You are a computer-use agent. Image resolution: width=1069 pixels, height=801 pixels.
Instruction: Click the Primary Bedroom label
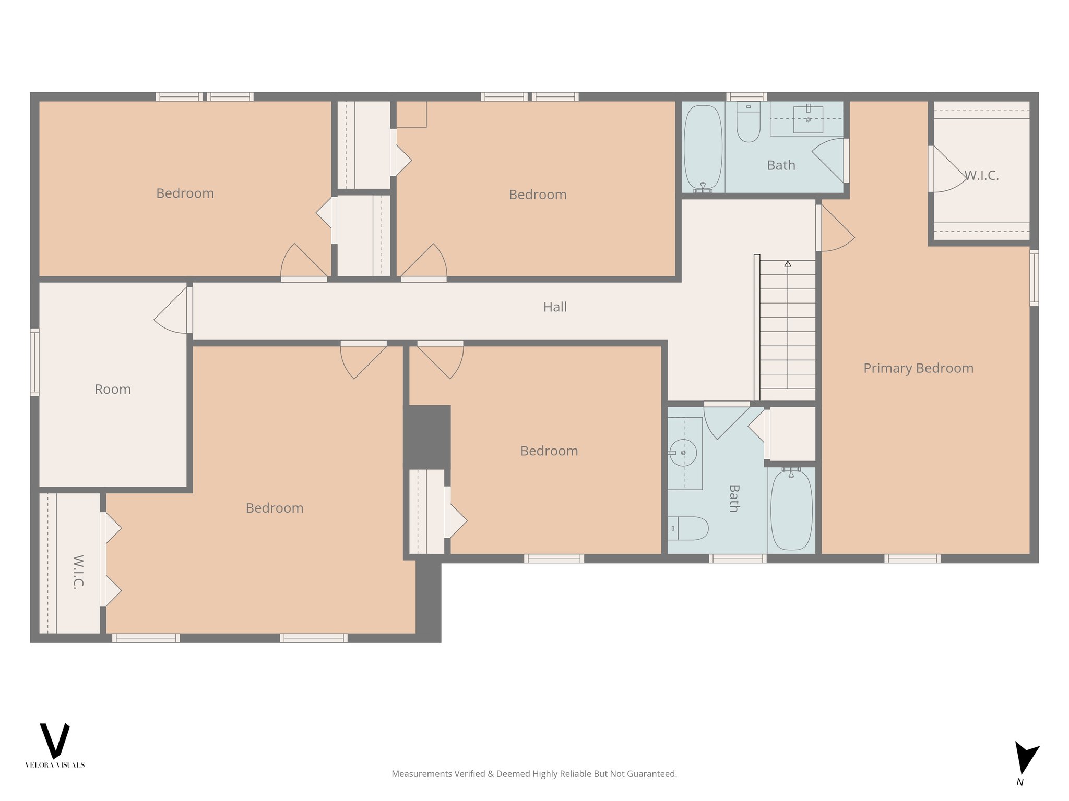[918, 368]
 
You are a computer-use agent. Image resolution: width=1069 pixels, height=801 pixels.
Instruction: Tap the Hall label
[555, 307]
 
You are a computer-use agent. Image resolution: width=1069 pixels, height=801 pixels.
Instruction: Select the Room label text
[113, 390]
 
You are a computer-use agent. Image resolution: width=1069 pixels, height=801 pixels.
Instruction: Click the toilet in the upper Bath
[749, 122]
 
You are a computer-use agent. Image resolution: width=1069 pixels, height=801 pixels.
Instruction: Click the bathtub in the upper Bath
[703, 148]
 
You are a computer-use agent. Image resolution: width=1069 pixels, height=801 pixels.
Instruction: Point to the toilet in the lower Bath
[688, 528]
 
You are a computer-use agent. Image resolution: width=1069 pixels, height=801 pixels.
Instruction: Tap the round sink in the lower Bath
[683, 453]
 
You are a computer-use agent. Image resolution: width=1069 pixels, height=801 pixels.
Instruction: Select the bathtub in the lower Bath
[791, 509]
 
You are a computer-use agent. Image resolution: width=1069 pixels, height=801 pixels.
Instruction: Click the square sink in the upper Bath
[808, 120]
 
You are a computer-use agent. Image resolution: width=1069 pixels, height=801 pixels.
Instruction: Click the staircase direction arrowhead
[788, 264]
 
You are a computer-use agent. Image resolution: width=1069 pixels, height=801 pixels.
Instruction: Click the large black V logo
[55, 741]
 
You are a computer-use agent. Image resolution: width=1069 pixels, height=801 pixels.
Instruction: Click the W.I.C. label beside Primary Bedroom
[981, 176]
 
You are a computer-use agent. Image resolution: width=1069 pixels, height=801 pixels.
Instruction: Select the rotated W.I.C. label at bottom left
[78, 572]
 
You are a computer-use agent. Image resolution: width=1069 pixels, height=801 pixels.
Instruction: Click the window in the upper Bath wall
[746, 96]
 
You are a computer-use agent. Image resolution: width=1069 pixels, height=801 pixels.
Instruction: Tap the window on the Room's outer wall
[34, 362]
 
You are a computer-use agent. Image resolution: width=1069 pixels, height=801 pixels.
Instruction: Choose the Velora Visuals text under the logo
[55, 765]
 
